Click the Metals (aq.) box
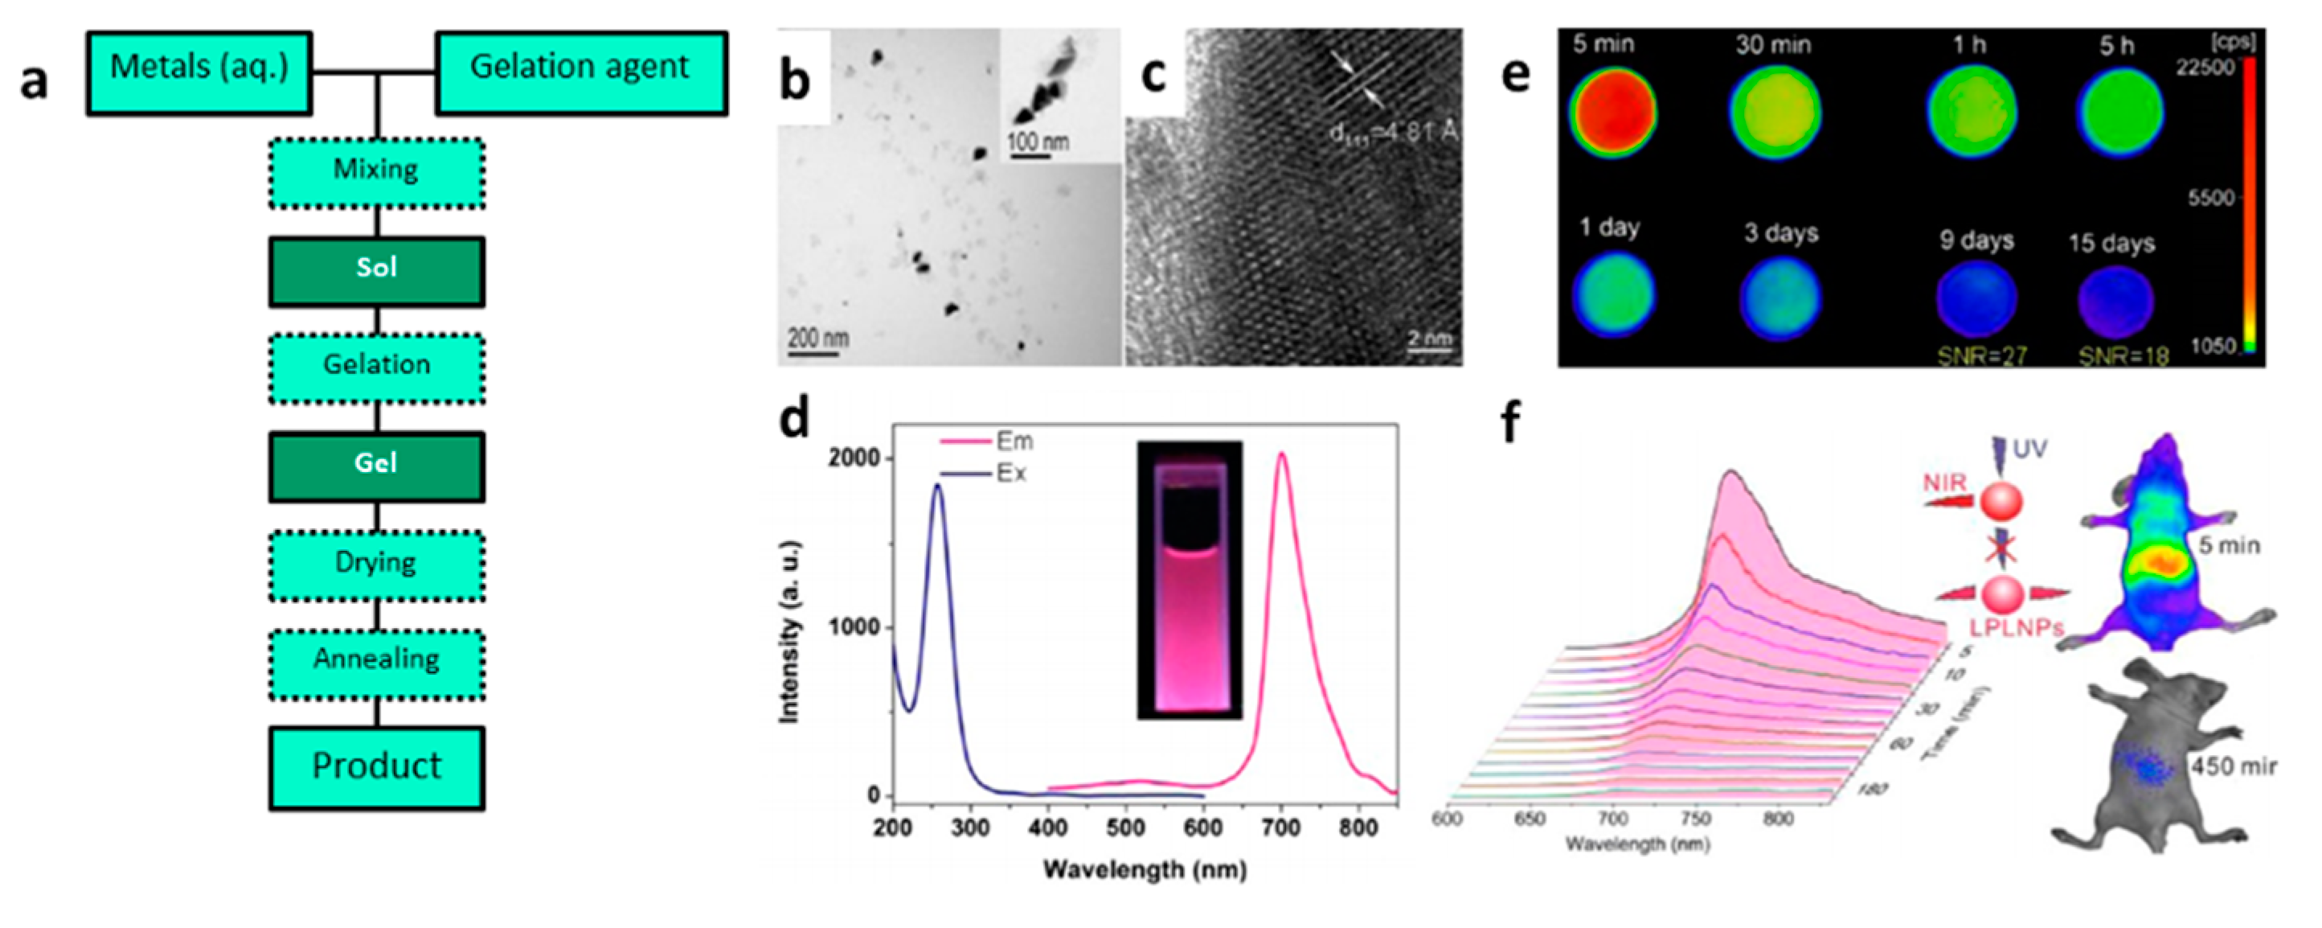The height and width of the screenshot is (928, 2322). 199,73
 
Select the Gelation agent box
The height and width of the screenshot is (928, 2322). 580,73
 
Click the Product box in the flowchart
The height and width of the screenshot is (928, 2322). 377,767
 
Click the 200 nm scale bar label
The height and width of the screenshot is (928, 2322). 817,339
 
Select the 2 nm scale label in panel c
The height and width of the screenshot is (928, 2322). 1430,339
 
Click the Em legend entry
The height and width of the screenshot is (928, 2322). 1014,442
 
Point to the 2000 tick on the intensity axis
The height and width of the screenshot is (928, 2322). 852,458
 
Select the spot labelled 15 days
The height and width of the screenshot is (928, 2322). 2115,302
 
